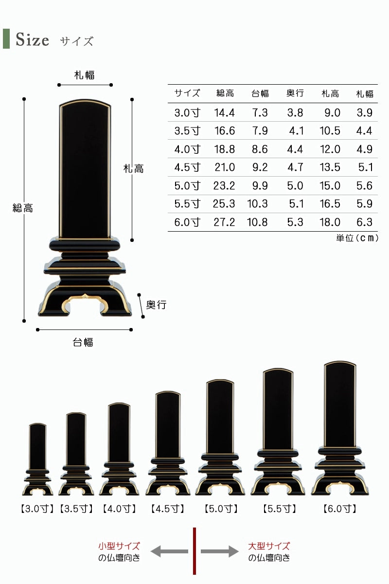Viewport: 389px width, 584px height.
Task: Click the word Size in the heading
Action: coord(32,39)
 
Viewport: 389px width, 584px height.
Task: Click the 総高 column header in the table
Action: coord(225,93)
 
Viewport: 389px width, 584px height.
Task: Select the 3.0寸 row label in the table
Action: coord(187,112)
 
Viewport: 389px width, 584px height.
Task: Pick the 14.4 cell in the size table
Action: coord(224,112)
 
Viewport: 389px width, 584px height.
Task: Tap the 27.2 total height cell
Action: coord(224,222)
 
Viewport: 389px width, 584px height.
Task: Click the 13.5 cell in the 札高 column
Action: coord(330,167)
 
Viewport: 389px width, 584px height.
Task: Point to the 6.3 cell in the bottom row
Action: coord(364,222)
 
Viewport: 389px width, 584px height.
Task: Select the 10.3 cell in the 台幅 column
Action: coord(257,203)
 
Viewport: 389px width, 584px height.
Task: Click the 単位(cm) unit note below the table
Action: coord(357,238)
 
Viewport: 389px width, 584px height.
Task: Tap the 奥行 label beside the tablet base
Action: coord(156,305)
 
